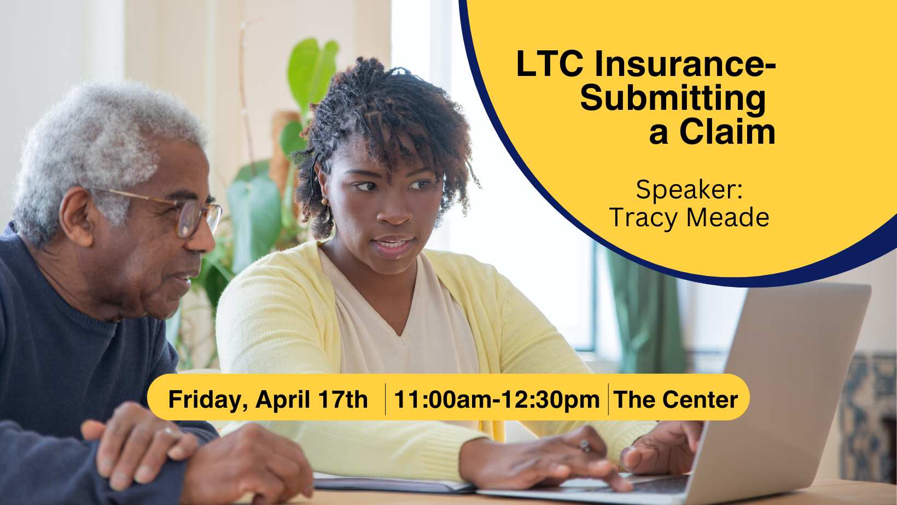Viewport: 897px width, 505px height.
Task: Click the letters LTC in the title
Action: (x=550, y=64)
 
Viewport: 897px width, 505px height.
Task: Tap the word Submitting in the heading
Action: (x=673, y=98)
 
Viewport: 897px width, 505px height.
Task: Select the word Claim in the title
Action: (x=727, y=132)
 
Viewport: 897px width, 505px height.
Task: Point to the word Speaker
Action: (x=688, y=190)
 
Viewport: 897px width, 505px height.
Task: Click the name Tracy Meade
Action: (x=689, y=218)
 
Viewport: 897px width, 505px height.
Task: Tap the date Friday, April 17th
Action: (x=268, y=400)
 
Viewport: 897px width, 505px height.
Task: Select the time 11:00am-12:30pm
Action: (x=497, y=400)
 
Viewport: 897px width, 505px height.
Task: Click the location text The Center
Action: (x=675, y=400)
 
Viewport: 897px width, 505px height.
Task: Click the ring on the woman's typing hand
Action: (x=585, y=445)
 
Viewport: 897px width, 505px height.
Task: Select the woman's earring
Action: (x=324, y=202)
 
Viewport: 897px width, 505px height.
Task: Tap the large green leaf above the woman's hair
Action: (x=313, y=71)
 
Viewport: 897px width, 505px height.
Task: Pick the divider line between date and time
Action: (x=385, y=400)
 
